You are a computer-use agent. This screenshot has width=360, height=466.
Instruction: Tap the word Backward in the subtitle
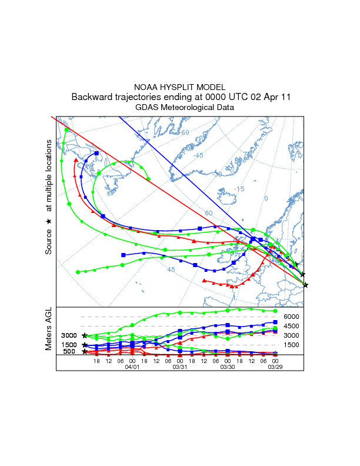93,97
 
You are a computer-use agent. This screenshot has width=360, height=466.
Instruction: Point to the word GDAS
146,107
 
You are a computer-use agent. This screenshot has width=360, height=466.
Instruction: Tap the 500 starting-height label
69,352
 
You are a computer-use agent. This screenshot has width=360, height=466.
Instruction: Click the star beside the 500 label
85,352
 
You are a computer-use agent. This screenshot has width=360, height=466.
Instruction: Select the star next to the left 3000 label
85,335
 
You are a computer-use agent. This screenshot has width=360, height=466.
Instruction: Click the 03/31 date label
179,366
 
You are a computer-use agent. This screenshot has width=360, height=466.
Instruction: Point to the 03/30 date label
228,366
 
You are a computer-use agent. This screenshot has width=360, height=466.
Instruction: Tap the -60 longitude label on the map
184,132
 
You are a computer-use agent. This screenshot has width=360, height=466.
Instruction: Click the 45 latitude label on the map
171,269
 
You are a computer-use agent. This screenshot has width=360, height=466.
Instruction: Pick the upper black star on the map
302,274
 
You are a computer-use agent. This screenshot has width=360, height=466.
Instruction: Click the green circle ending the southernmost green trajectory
78,272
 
